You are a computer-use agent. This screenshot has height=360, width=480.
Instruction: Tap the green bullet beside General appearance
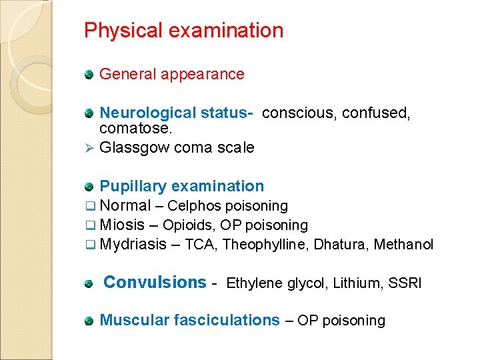pyautogui.click(x=89, y=75)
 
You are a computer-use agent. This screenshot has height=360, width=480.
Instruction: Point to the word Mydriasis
pyautogui.click(x=132, y=245)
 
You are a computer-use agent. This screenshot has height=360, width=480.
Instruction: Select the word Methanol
pyautogui.click(x=404, y=245)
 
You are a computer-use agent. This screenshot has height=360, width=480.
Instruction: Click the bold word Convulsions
pyautogui.click(x=155, y=283)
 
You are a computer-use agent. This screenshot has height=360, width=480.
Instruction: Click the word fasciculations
pyautogui.click(x=227, y=321)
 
